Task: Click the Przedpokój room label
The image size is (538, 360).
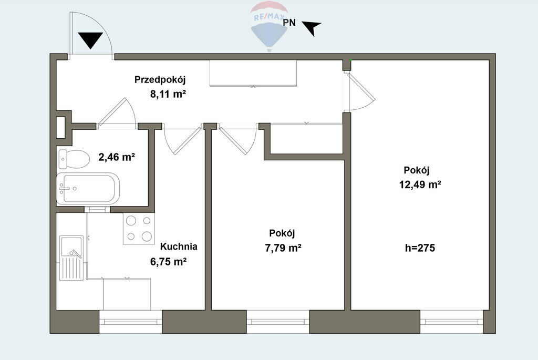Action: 160,80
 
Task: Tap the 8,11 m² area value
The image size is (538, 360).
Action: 168,94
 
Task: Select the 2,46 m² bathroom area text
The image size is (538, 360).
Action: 117,157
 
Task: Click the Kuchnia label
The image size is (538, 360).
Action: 179,246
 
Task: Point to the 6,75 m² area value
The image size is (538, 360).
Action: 169,262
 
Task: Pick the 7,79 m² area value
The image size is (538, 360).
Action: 283,248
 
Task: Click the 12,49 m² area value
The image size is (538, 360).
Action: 420,184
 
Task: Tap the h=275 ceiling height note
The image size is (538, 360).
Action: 420,248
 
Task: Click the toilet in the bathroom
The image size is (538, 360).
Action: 74,159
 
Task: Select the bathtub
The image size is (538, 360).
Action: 88,188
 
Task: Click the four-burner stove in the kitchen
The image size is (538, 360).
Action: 139,228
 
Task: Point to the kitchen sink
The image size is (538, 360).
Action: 71,258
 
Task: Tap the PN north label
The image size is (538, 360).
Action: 289,23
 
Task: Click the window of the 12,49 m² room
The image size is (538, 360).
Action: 451,322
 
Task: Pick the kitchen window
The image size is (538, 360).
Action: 130,322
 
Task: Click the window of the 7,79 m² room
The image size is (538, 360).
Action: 278,322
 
